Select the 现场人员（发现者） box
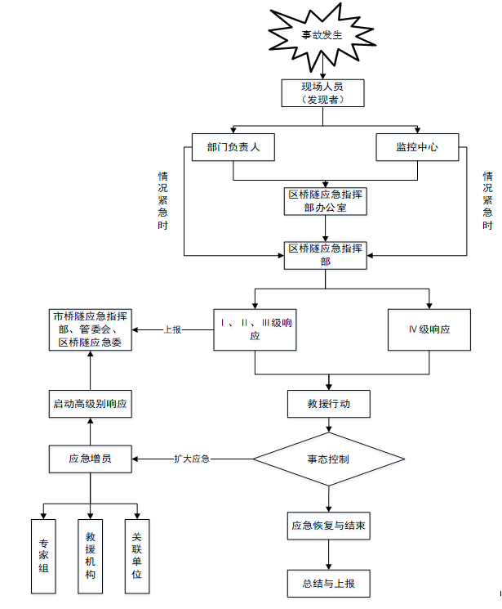pos(322,92)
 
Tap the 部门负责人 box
pos(233,147)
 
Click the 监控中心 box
pos(417,147)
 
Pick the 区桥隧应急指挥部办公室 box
pos(326,201)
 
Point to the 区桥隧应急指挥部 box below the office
pos(326,254)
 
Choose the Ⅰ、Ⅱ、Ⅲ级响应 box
pos(255,329)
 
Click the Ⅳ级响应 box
pos(429,329)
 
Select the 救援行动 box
pos(330,404)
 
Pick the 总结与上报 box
pos(329,584)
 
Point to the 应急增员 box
pos(90,459)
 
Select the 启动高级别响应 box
pos(90,404)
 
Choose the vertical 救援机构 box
pos(91,556)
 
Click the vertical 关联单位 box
pos(137,556)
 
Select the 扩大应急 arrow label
pos(193,459)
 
